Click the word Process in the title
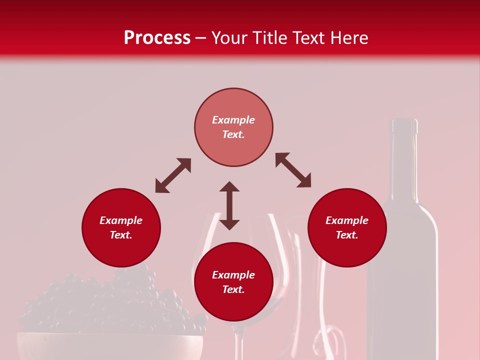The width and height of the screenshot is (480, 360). pos(157,38)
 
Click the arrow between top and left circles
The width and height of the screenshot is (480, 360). pos(173,175)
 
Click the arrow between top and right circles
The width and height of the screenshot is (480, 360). pos(293,170)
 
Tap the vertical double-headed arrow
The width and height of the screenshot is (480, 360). pos(229,205)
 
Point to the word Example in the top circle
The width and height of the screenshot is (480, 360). pos(233,120)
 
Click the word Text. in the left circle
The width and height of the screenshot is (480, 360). pos(121,235)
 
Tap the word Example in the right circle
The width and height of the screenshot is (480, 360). pos(347,220)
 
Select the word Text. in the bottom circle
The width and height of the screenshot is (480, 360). pos(233,289)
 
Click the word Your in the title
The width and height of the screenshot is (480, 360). pos(232,38)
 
